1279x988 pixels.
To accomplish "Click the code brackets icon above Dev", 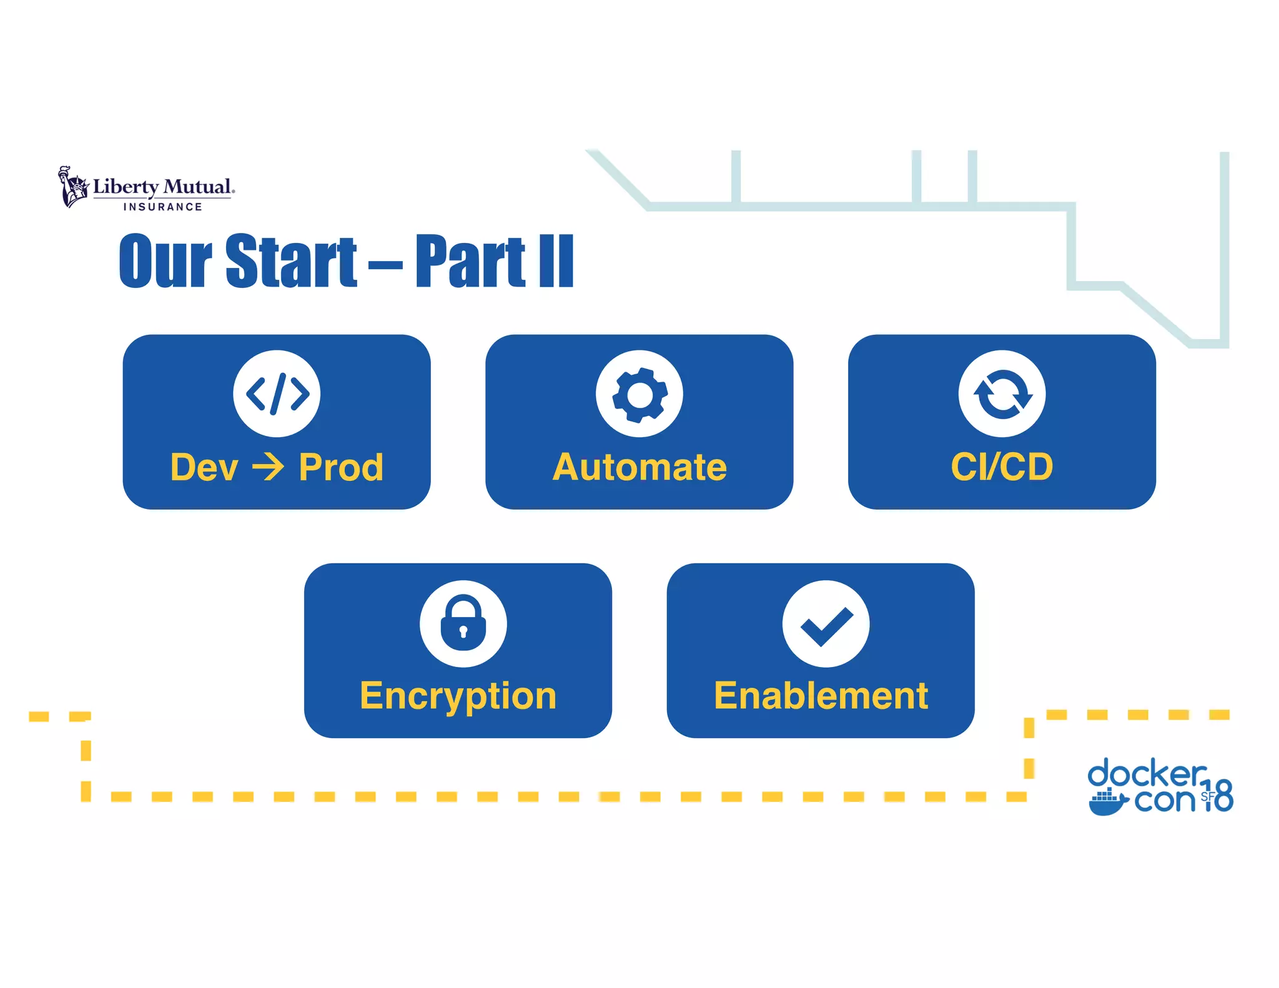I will [277, 393].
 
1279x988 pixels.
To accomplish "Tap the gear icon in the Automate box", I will [639, 393].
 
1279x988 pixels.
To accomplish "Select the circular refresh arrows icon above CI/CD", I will [1002, 393].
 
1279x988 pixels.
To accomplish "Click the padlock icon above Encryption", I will [463, 623].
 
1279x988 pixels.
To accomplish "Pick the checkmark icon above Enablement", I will [826, 623].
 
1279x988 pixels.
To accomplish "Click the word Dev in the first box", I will [204, 467].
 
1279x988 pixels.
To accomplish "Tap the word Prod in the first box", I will [341, 467].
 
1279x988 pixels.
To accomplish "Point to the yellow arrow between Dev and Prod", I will [268, 467].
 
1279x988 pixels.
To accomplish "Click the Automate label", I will [639, 467].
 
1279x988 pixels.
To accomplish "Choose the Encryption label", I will [458, 696].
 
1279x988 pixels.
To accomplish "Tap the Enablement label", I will [821, 696].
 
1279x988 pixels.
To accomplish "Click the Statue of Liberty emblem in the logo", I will [74, 186].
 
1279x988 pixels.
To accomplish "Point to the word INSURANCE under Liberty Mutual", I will [162, 207].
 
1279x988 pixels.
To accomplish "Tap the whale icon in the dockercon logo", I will [1107, 803].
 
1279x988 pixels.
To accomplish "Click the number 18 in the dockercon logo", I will [1218, 795].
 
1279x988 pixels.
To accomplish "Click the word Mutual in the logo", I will [198, 187].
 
